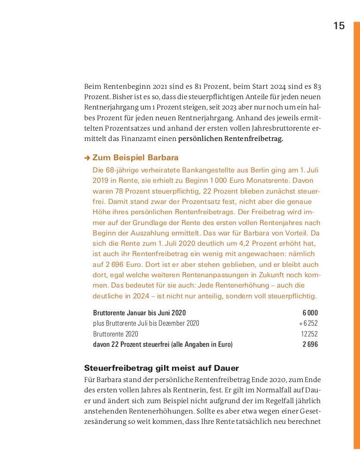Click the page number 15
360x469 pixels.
[x=339, y=26]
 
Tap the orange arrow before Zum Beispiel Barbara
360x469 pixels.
[x=87, y=158]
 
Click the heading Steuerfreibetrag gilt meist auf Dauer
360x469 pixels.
[x=161, y=367]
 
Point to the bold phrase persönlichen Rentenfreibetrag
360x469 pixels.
[x=230, y=139]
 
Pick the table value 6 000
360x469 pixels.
[x=310, y=313]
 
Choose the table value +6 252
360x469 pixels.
[x=308, y=323]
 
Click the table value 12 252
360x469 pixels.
[x=309, y=334]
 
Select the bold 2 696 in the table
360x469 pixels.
[x=310, y=344]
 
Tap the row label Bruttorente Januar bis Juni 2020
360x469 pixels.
[x=140, y=313]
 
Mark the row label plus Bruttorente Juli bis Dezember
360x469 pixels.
[x=146, y=323]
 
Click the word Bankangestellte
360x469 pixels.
[x=192, y=170]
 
